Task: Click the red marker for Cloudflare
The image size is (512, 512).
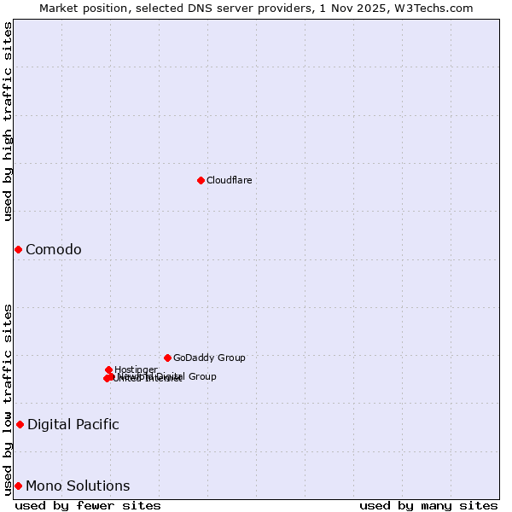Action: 201,180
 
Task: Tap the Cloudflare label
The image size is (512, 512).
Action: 229,180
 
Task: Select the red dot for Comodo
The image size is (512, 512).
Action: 18,249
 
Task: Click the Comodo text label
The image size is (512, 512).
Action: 53,249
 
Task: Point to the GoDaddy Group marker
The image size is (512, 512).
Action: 167,358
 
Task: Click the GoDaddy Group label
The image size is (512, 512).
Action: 209,358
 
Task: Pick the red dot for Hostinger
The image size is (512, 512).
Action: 108,369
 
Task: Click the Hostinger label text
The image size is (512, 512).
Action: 136,369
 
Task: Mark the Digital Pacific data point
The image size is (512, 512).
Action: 20,424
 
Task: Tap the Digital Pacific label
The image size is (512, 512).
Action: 73,424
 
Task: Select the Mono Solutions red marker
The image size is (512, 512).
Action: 18,486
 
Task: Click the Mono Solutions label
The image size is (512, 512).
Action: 78,486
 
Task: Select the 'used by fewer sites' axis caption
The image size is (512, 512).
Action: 87,505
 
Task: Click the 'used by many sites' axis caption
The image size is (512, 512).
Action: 428,505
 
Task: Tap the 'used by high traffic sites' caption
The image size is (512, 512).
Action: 8,121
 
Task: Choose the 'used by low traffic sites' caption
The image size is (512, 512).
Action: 8,399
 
